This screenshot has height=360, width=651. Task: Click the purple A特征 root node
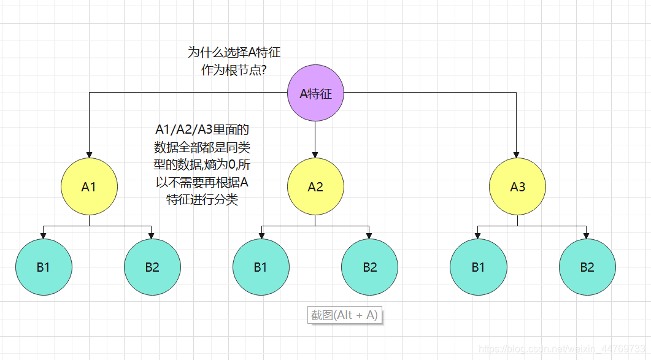pos(315,94)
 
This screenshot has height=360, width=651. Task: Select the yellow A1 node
pos(89,186)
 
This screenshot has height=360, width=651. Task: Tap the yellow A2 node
pos(315,186)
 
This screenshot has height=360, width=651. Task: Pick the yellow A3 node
pos(517,186)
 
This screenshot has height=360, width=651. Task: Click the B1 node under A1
pos(44,267)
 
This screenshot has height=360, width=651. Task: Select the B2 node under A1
pos(152,267)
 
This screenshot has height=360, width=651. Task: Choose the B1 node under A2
pos(261,267)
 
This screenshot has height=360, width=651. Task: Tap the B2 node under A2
pos(369,267)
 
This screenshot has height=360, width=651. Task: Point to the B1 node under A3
pos(478,267)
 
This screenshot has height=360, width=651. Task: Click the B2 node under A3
pos(587,267)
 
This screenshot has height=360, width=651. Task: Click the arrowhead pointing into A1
pos(89,154)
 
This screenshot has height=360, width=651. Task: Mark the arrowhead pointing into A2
pos(315,154)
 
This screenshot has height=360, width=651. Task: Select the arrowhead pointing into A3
pos(517,154)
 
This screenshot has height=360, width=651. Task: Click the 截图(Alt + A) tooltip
pos(344,315)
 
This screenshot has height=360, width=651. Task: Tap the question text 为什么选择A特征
pos(234,53)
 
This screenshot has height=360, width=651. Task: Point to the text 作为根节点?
pos(234,70)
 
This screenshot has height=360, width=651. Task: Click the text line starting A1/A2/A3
pos(202,130)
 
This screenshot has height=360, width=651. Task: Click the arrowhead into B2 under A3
pos(587,235)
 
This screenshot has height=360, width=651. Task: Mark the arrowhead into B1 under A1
pos(44,235)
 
